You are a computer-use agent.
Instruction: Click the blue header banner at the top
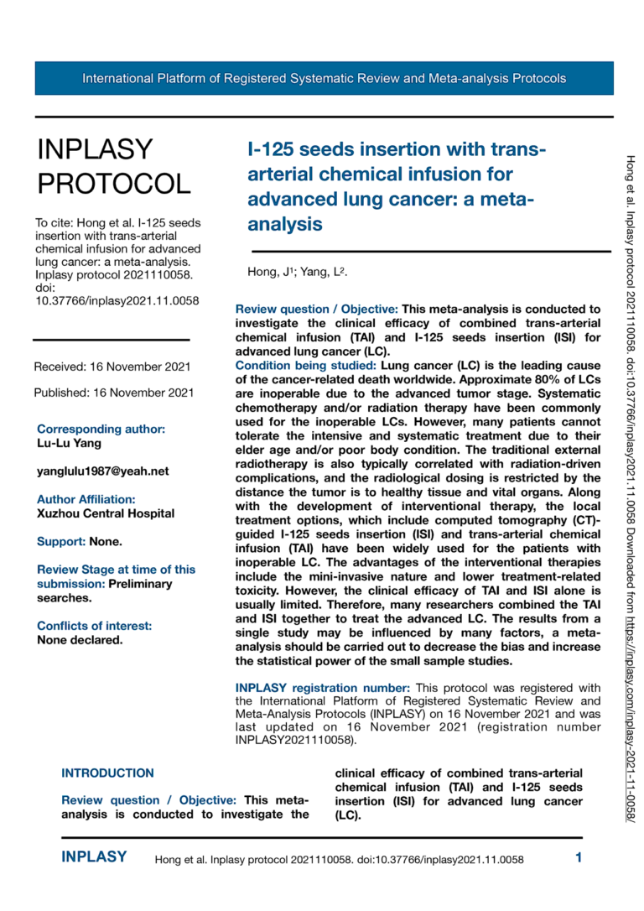click(324, 79)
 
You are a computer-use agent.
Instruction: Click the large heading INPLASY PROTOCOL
click(113, 166)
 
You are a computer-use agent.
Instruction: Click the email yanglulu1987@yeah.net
click(103, 471)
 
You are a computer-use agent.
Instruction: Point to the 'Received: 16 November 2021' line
click(112, 367)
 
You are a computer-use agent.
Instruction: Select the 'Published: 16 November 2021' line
click(114, 393)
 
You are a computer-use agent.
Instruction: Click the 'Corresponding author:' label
click(101, 429)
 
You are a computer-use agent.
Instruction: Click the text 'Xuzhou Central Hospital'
click(106, 513)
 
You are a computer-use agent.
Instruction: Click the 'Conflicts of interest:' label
click(95, 626)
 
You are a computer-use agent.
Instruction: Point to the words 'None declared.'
click(80, 640)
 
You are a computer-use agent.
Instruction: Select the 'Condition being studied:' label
click(306, 366)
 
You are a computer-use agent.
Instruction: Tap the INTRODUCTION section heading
click(108, 773)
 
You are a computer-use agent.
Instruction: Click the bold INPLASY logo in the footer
click(94, 857)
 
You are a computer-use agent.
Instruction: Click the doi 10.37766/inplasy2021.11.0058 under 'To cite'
click(117, 301)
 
